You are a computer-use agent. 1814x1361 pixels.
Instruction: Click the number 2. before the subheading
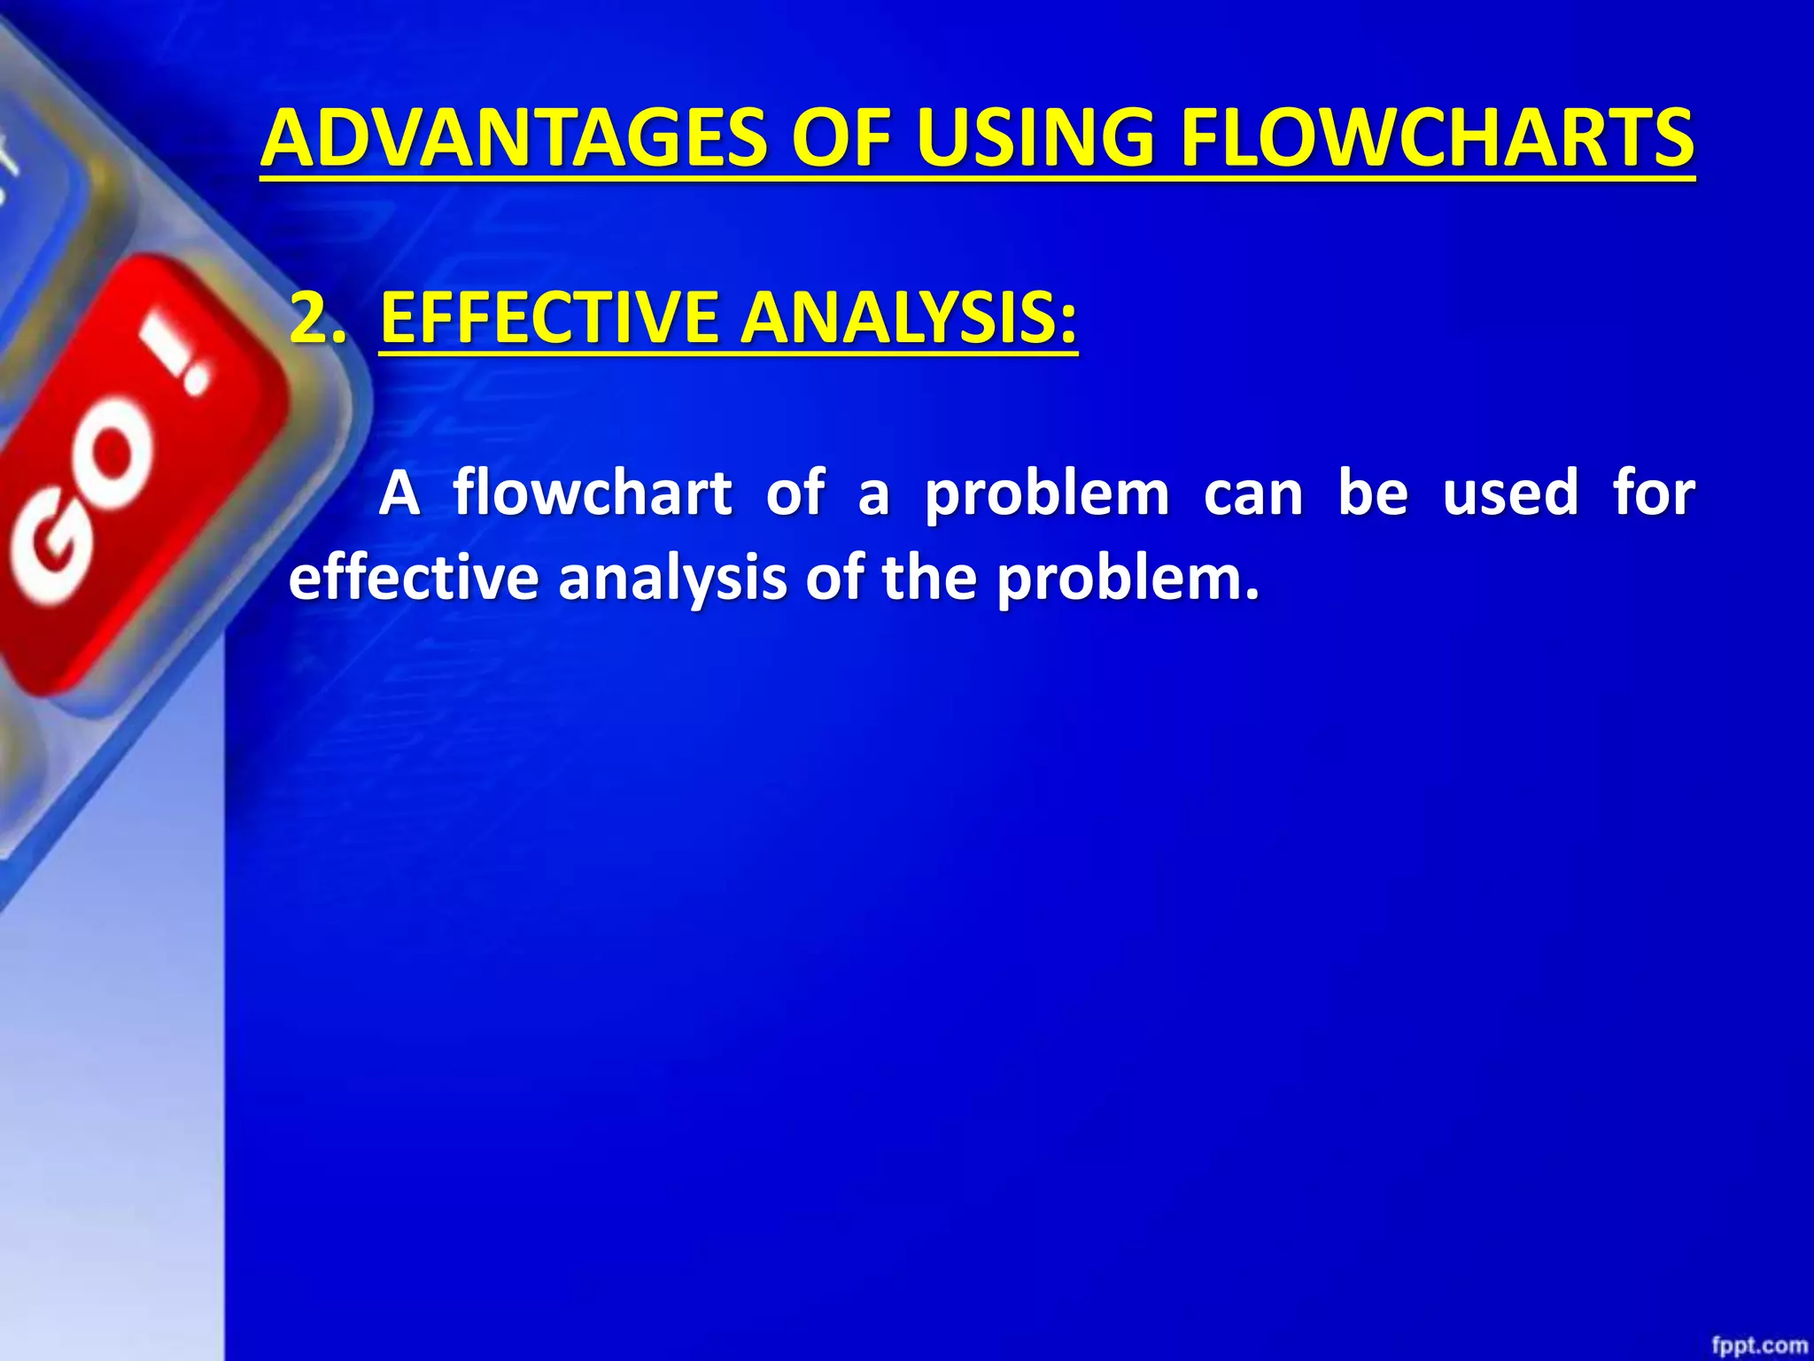[x=317, y=317]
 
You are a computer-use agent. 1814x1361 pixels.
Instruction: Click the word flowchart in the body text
[x=592, y=493]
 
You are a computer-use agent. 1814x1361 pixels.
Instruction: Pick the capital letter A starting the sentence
[x=399, y=493]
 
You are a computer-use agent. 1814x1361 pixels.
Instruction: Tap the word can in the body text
[x=1252, y=494]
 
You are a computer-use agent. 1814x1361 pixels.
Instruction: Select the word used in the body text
[x=1510, y=493]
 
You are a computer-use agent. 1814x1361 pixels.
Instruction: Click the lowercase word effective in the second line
[x=413, y=578]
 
